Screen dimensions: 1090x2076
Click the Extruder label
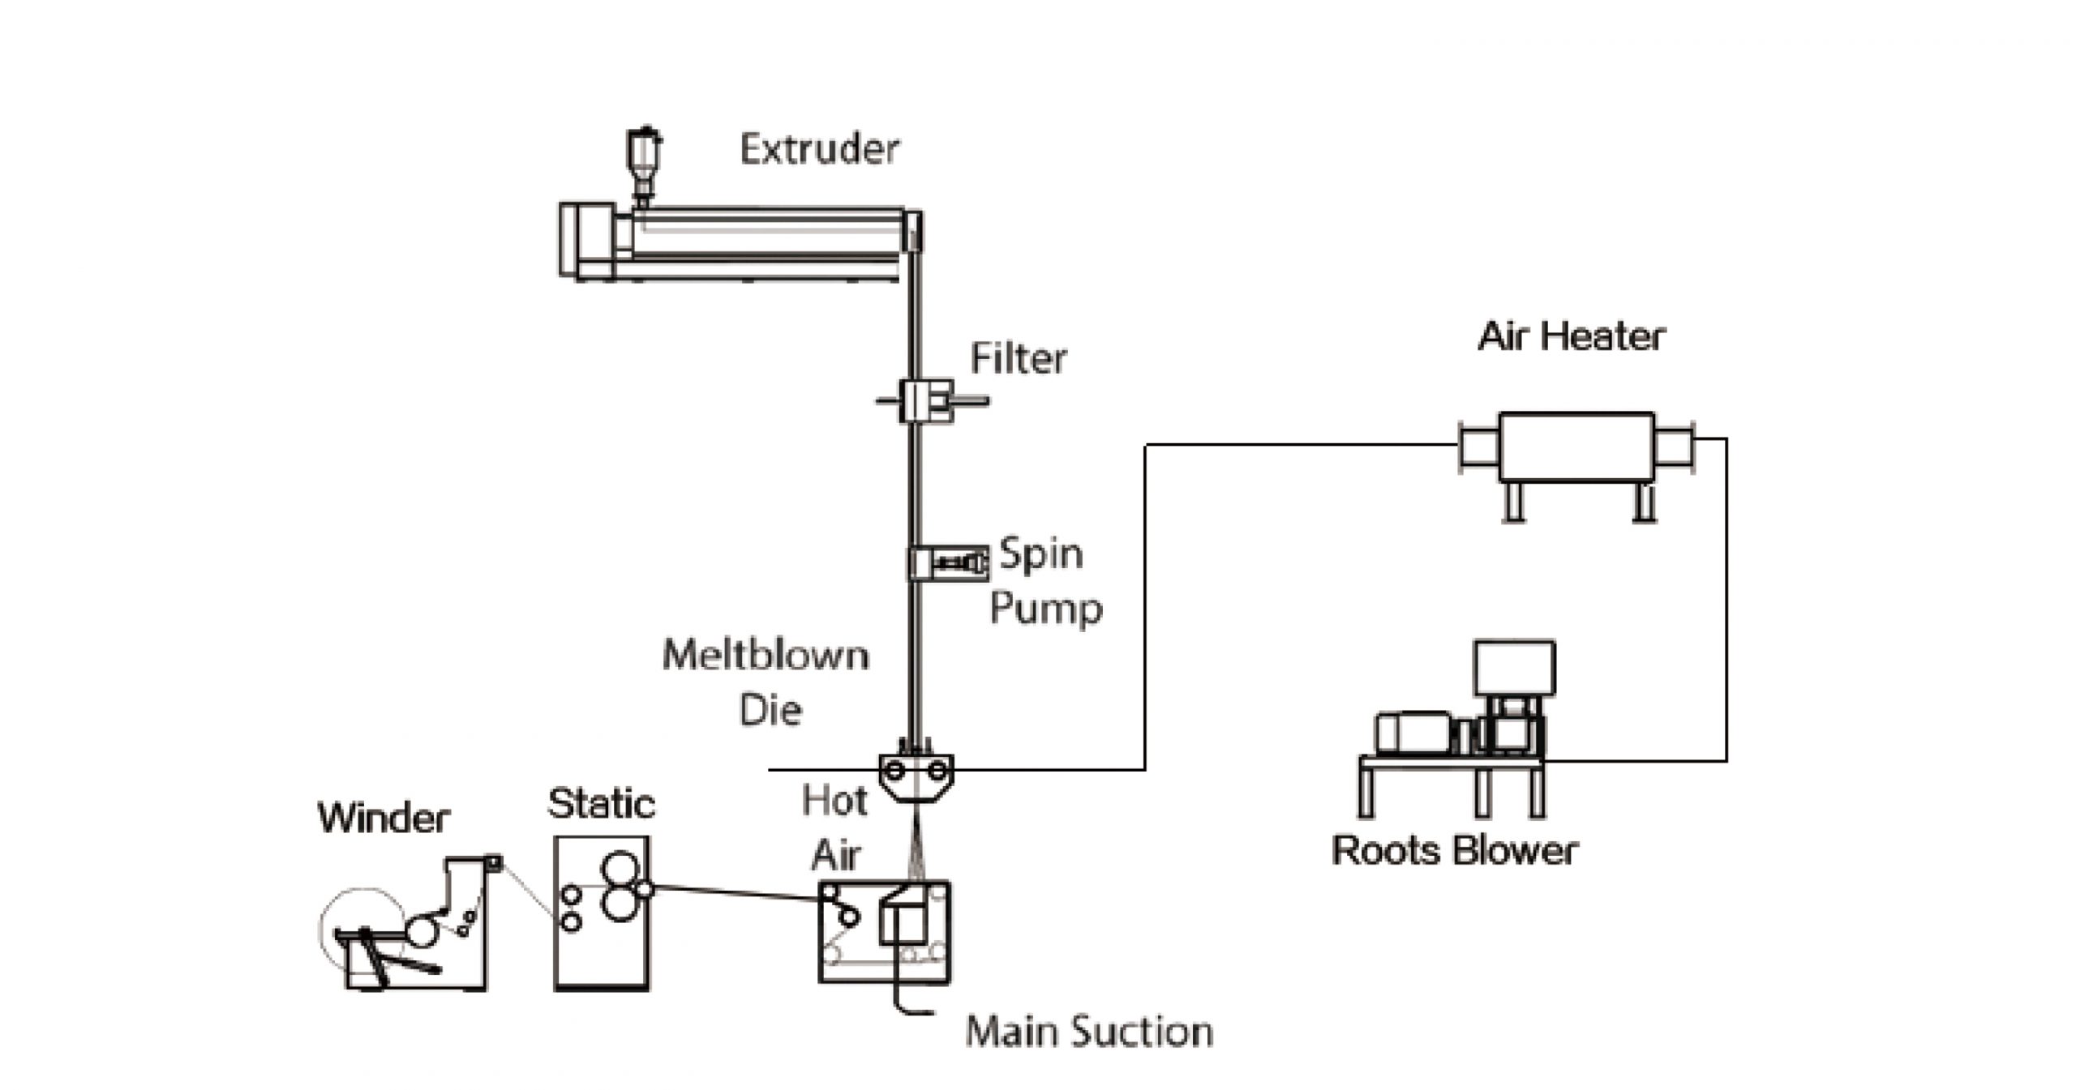(819, 149)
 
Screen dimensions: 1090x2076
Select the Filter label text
(1019, 358)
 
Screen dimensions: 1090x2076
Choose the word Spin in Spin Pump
(1040, 554)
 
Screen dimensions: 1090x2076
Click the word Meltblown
(766, 655)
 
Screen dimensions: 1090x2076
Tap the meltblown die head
(916, 776)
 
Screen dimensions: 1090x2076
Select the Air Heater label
(1571, 336)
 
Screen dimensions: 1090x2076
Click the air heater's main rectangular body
(1576, 447)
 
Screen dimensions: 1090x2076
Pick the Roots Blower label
(1455, 851)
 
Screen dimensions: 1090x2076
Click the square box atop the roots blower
(1514, 668)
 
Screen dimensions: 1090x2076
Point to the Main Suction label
(1089, 1032)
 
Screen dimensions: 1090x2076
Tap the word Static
(601, 804)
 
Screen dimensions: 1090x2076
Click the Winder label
(384, 818)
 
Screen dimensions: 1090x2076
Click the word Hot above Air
(834, 801)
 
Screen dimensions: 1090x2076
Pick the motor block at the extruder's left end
(587, 241)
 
